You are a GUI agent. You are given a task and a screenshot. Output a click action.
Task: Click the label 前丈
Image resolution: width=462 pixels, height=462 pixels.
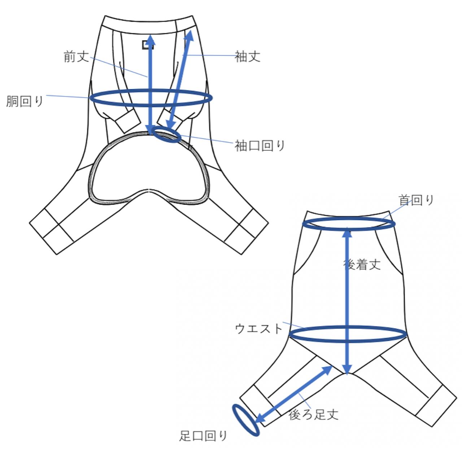click(x=76, y=56)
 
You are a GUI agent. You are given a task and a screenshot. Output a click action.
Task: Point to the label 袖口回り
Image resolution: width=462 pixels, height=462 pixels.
click(x=260, y=145)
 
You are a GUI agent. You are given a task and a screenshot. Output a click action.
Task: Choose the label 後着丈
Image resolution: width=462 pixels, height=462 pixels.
click(x=362, y=265)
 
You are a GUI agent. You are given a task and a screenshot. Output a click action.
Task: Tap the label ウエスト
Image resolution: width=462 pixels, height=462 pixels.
click(x=258, y=328)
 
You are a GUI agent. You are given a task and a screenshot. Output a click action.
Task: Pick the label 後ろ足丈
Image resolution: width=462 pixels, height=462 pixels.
click(x=313, y=414)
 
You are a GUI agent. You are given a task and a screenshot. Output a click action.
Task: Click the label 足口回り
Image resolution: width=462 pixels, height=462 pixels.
click(x=203, y=436)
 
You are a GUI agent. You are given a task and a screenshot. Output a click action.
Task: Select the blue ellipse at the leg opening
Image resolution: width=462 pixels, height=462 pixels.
click(x=245, y=420)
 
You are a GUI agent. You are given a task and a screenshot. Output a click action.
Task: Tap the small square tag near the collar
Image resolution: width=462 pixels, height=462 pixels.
click(x=148, y=44)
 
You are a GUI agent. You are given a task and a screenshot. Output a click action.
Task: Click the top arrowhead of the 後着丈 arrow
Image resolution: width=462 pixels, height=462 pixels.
click(x=347, y=232)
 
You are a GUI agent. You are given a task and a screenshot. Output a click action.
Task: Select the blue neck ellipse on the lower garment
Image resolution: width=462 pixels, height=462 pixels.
click(x=349, y=224)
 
